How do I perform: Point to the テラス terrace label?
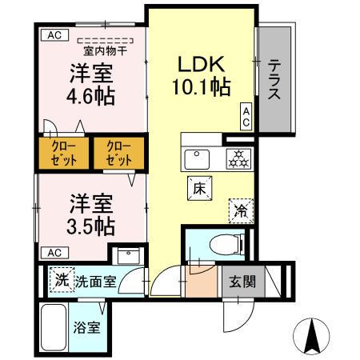[274, 80]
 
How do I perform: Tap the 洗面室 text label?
[97, 282]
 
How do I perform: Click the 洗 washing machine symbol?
[62, 280]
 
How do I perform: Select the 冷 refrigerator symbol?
[239, 210]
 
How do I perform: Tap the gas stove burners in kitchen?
[237, 158]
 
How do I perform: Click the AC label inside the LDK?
[246, 115]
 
